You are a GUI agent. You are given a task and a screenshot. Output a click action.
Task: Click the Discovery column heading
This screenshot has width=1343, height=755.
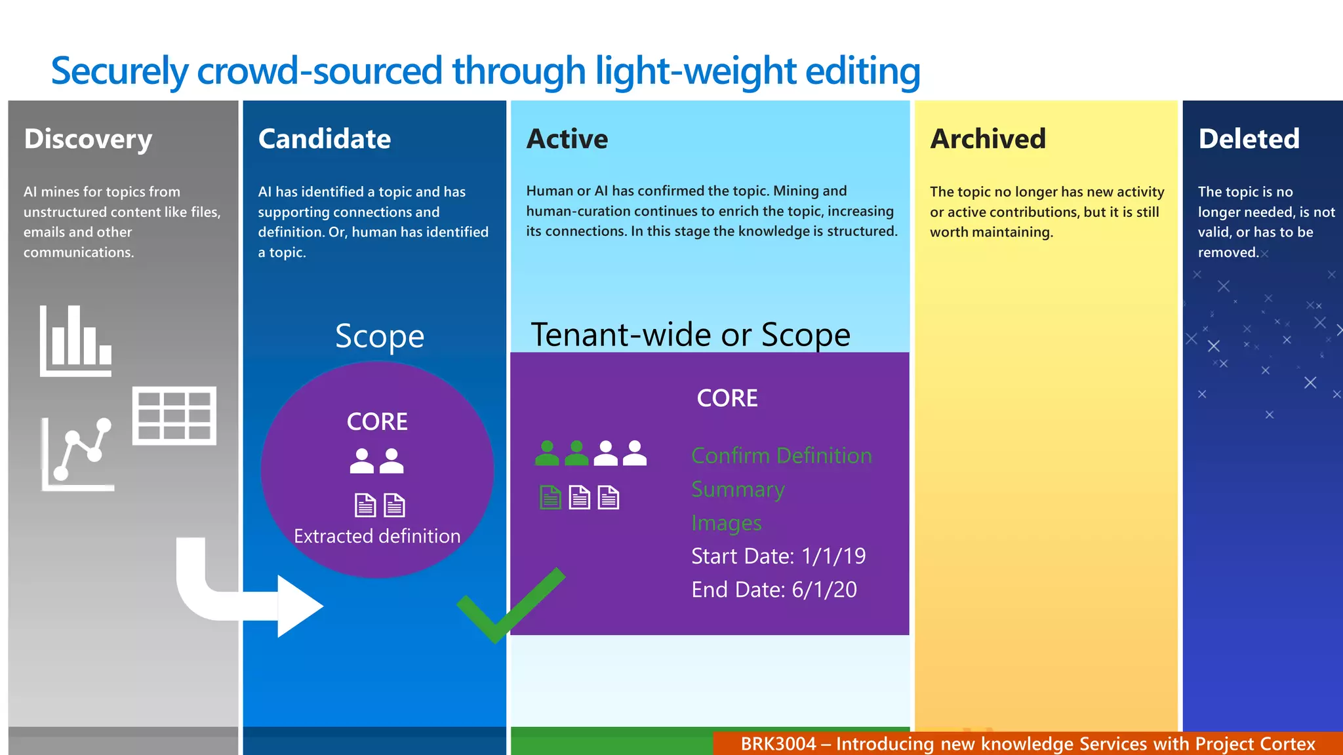88,140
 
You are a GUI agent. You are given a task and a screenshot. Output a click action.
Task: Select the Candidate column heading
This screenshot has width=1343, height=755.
325,139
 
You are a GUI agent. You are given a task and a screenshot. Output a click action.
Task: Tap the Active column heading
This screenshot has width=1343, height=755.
567,139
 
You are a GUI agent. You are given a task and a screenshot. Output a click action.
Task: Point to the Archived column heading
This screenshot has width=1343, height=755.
988,139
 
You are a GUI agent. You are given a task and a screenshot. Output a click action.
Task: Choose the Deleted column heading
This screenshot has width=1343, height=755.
1249,139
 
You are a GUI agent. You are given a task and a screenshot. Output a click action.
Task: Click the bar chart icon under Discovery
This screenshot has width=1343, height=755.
75,341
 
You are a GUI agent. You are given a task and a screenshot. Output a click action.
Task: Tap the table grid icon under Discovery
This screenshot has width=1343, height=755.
174,416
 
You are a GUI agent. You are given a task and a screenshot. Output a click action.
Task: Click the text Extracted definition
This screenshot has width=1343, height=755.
377,536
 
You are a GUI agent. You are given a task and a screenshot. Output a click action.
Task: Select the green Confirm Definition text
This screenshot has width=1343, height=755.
781,455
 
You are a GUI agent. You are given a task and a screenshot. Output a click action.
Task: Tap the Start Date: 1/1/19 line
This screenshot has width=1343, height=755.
778,556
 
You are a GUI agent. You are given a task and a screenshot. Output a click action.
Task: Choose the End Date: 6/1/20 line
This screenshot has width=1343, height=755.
774,590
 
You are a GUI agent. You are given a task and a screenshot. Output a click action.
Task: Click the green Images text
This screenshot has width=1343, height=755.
726,523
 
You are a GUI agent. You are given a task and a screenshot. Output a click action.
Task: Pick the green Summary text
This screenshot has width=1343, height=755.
738,489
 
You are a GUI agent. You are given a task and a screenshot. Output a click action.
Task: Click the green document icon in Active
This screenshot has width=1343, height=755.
550,498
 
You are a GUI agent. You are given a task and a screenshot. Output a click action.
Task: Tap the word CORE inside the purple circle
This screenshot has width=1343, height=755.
377,421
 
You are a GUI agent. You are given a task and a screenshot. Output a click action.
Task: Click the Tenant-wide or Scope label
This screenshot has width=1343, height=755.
690,335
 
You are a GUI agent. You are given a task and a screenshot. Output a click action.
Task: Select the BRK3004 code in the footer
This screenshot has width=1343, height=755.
778,744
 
